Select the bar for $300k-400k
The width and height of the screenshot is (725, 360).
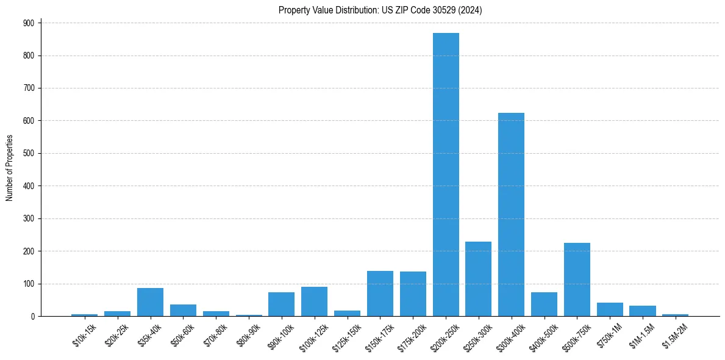click(511, 215)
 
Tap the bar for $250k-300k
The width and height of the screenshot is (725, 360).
click(479, 279)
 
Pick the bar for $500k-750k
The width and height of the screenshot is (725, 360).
click(577, 279)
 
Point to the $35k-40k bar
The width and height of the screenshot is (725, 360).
click(150, 302)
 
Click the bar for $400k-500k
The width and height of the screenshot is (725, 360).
click(544, 304)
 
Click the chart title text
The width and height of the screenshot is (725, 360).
click(380, 10)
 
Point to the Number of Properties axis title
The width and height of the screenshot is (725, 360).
click(9, 168)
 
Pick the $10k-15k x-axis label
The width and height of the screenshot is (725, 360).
click(85, 336)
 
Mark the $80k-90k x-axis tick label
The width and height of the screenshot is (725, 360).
click(249, 336)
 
